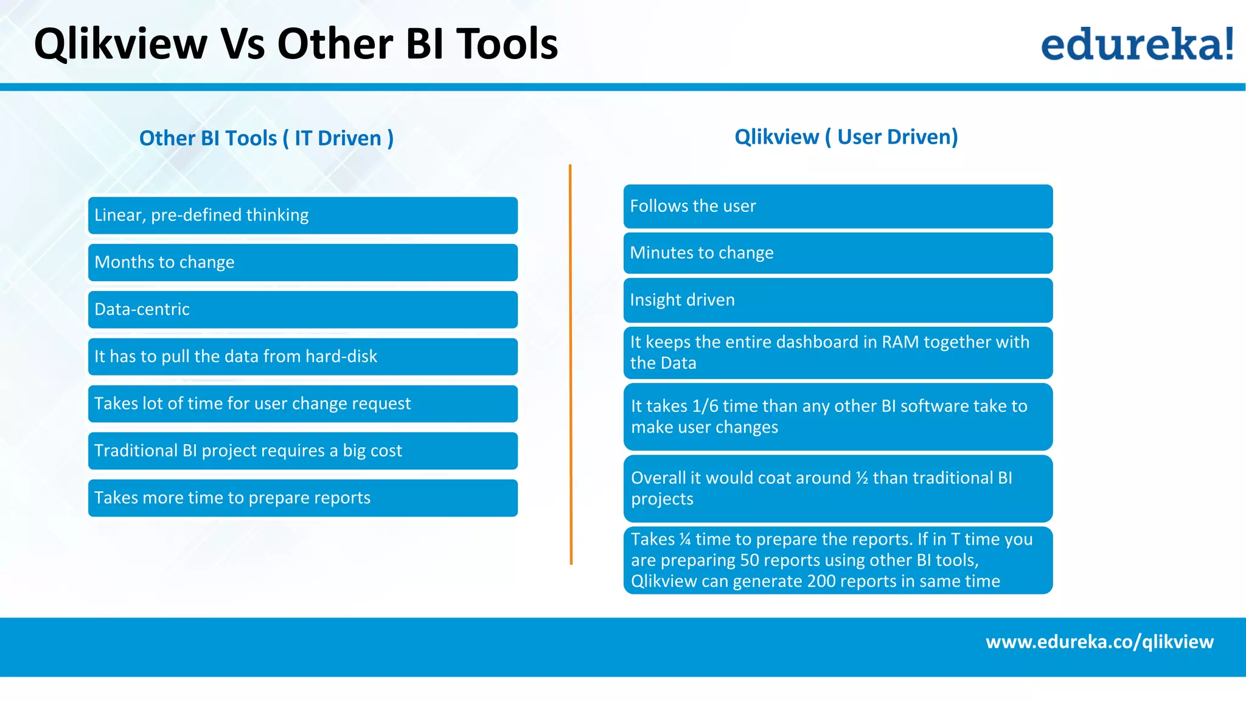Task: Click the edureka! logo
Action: click(1136, 44)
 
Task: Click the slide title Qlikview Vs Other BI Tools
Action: click(296, 44)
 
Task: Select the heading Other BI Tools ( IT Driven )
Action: click(266, 138)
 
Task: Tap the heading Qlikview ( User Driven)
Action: click(846, 137)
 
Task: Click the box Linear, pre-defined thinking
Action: click(302, 215)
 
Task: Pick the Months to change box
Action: click(302, 262)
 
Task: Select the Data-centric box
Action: click(302, 310)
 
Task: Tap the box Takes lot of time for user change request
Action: click(302, 404)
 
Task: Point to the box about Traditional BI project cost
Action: click(302, 451)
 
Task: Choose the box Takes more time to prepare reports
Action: click(302, 498)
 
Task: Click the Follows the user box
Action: click(838, 206)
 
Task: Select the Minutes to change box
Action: click(838, 253)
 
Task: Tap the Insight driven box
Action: click(838, 300)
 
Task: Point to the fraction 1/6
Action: click(705, 406)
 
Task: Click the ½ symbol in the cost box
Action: click(861, 478)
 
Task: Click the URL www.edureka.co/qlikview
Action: click(1099, 642)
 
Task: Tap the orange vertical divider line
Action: click(571, 365)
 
